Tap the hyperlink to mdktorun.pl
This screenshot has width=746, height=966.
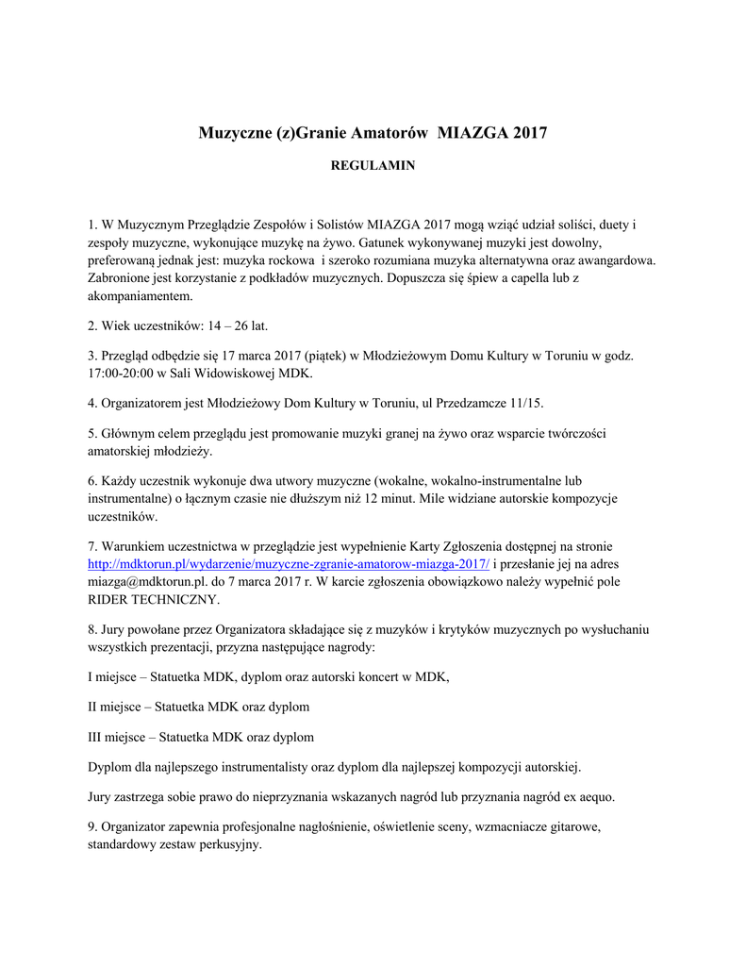(289, 564)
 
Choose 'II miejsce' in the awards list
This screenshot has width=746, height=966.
(118, 706)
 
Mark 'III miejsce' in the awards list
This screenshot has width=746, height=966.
(120, 736)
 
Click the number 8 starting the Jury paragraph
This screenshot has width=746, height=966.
(91, 629)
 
